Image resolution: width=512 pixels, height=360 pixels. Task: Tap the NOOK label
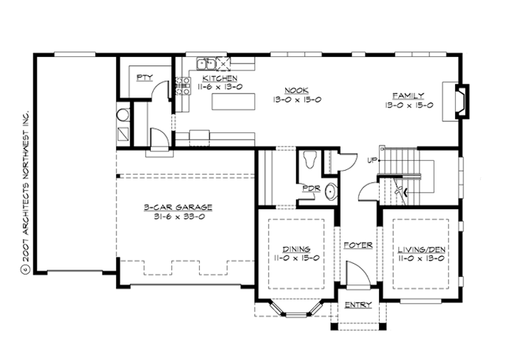[x=294, y=90]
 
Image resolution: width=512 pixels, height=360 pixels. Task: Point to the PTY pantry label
[x=144, y=77]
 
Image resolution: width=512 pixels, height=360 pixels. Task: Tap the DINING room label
[x=295, y=249]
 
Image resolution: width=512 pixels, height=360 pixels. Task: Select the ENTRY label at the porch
[x=358, y=305]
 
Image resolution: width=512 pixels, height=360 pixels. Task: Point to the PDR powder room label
[x=310, y=189]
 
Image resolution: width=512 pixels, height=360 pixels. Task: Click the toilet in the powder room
[x=309, y=159]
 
